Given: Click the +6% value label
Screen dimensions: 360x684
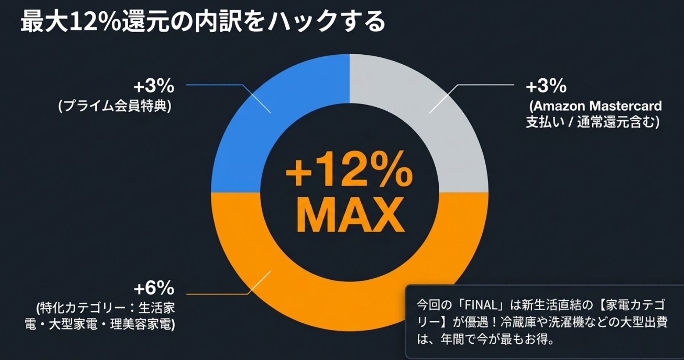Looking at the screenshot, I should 154,289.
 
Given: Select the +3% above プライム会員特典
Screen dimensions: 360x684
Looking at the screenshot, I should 154,86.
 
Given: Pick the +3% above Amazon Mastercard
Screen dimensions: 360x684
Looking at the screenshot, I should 546,86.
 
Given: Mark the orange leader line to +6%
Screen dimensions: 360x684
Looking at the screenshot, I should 217,294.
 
